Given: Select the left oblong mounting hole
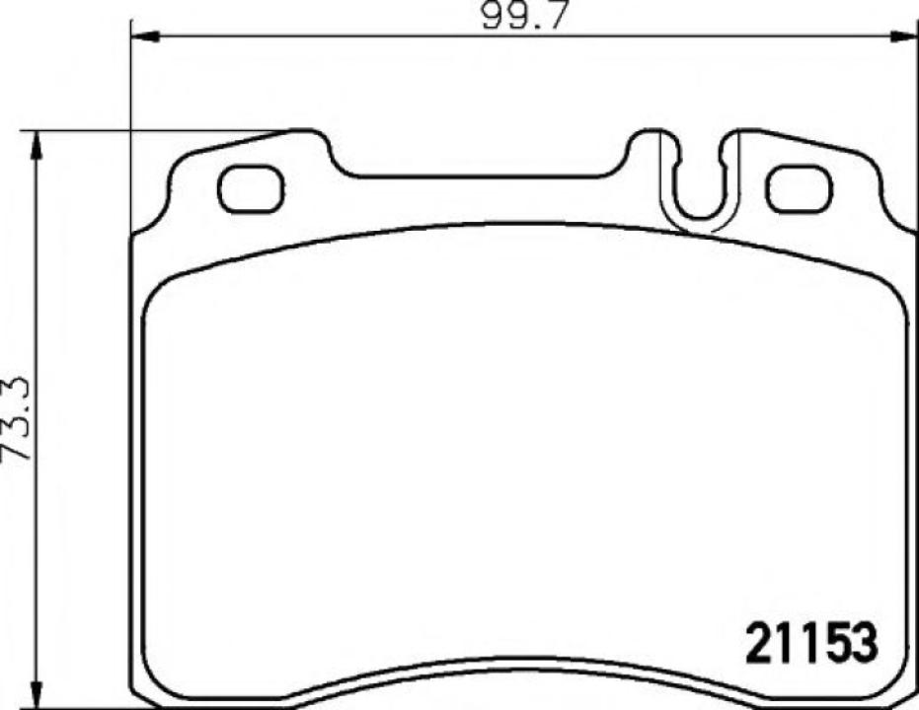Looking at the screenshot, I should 251,188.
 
